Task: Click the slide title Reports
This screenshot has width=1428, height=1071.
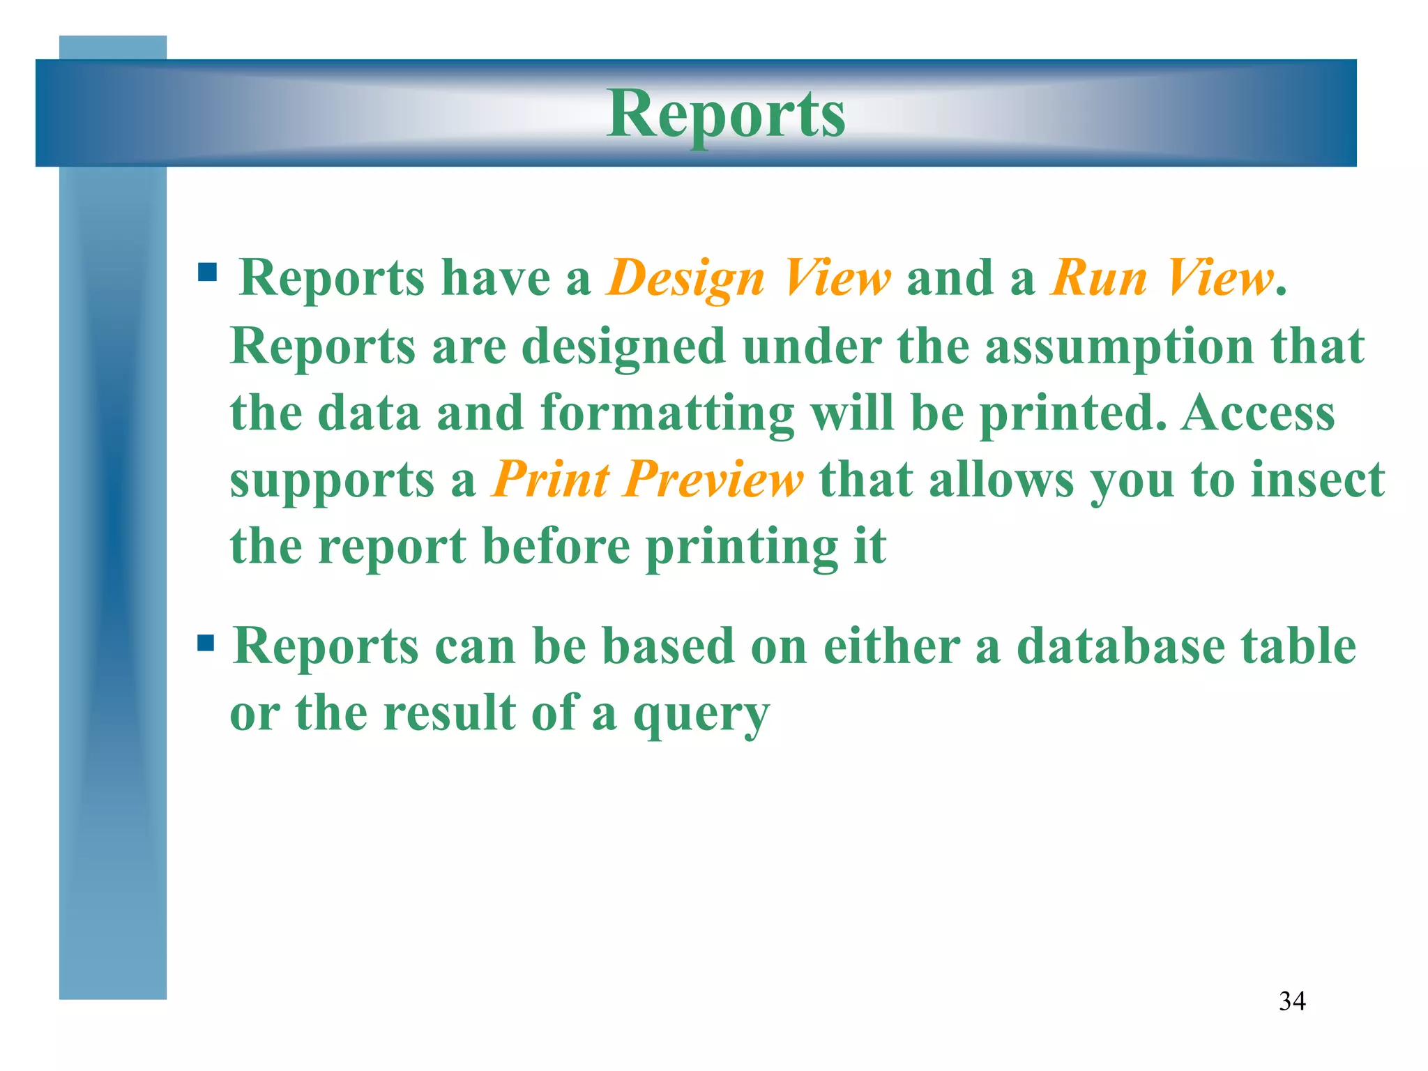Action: pyautogui.click(x=726, y=114)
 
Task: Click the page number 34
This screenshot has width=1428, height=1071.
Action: pyautogui.click(x=1292, y=1001)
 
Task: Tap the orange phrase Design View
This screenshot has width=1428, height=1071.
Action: pyautogui.click(x=748, y=278)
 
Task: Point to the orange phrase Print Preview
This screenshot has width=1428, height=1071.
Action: pyautogui.click(x=647, y=480)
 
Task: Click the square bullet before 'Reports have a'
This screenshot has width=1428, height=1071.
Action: pyautogui.click(x=207, y=271)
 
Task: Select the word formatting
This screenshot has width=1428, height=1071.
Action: pyautogui.click(x=667, y=413)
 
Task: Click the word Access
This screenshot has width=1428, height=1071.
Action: pyautogui.click(x=1258, y=413)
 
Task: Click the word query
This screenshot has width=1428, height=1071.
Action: pyautogui.click(x=701, y=715)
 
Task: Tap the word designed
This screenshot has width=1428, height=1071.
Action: pyautogui.click(x=623, y=347)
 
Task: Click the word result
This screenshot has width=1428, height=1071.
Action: pyautogui.click(x=449, y=713)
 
